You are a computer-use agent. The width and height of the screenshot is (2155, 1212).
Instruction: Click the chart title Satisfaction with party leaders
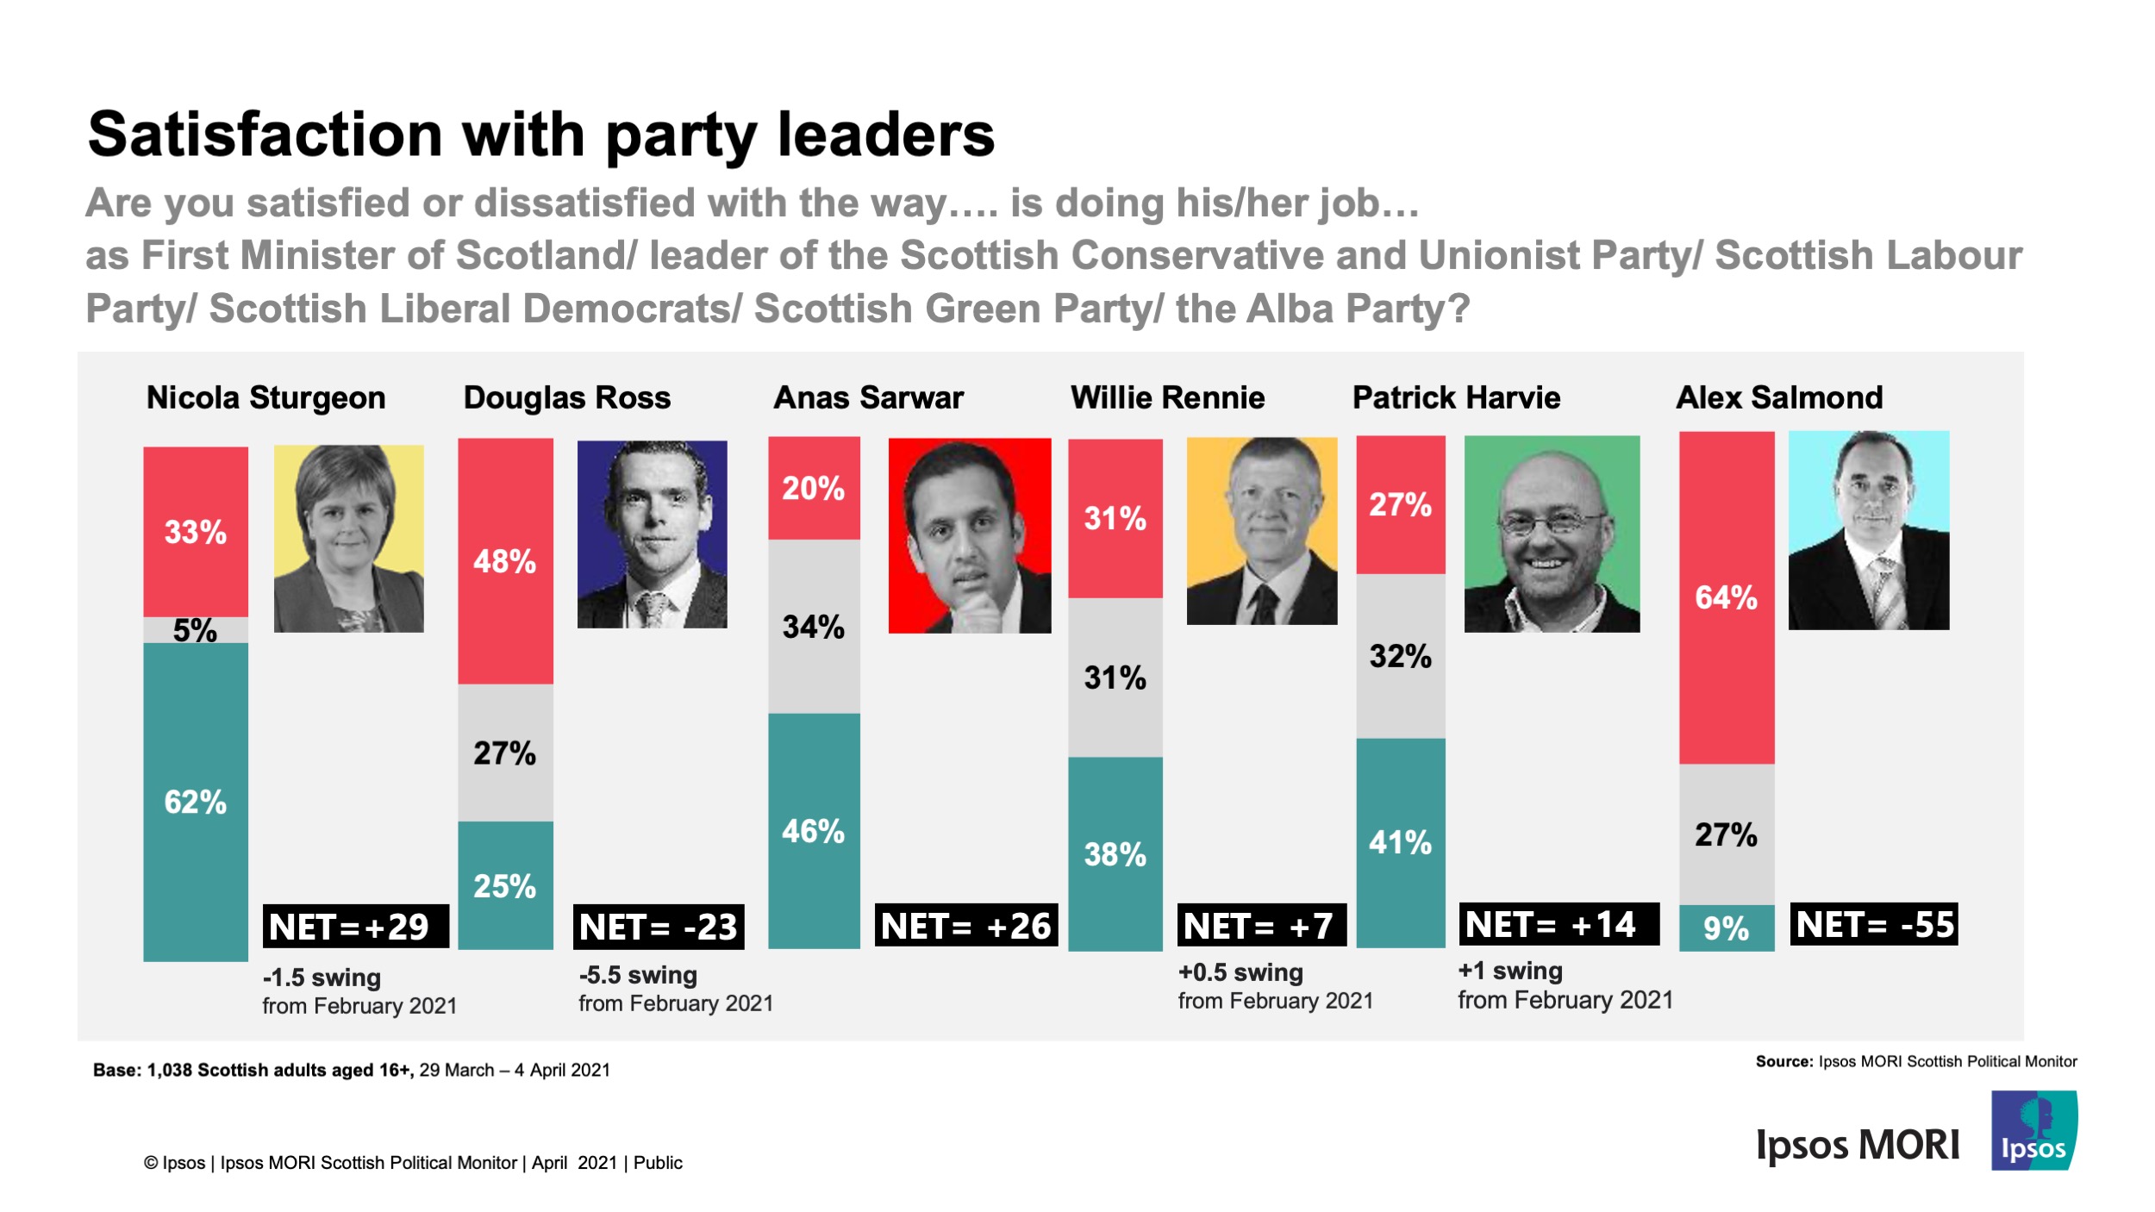(x=540, y=135)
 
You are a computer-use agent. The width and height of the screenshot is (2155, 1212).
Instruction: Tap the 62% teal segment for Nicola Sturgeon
(x=196, y=802)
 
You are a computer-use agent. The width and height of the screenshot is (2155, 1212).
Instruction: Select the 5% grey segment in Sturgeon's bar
(x=196, y=630)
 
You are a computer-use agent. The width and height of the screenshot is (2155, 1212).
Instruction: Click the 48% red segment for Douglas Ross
(x=505, y=561)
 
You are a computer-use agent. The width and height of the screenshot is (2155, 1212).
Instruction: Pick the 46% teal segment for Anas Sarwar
(x=813, y=831)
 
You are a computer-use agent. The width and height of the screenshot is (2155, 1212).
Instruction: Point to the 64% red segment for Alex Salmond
(x=1726, y=597)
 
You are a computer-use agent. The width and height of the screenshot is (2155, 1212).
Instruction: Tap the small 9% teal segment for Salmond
(x=1726, y=928)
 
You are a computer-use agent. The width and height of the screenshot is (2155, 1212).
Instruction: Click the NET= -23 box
(x=659, y=928)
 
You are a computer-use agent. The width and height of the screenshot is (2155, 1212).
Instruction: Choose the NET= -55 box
(x=1874, y=925)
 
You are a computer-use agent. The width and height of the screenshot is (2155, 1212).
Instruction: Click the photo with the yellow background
(x=348, y=539)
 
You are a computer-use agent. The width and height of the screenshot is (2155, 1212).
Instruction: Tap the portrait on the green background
(x=1552, y=534)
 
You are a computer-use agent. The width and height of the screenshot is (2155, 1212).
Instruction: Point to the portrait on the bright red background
(x=969, y=536)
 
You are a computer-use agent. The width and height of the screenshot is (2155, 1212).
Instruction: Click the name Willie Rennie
(x=1167, y=398)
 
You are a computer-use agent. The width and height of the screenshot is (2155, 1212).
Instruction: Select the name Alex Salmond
(x=1778, y=398)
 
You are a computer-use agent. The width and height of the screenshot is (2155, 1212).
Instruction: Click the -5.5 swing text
(x=638, y=976)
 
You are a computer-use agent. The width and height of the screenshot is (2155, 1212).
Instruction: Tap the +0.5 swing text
(x=1240, y=973)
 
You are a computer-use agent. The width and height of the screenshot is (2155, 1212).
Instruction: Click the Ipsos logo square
(x=2033, y=1131)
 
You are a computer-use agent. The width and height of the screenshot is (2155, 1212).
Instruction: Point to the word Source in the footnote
(x=1783, y=1062)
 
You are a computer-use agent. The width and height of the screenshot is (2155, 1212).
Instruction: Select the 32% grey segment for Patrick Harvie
(x=1400, y=656)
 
